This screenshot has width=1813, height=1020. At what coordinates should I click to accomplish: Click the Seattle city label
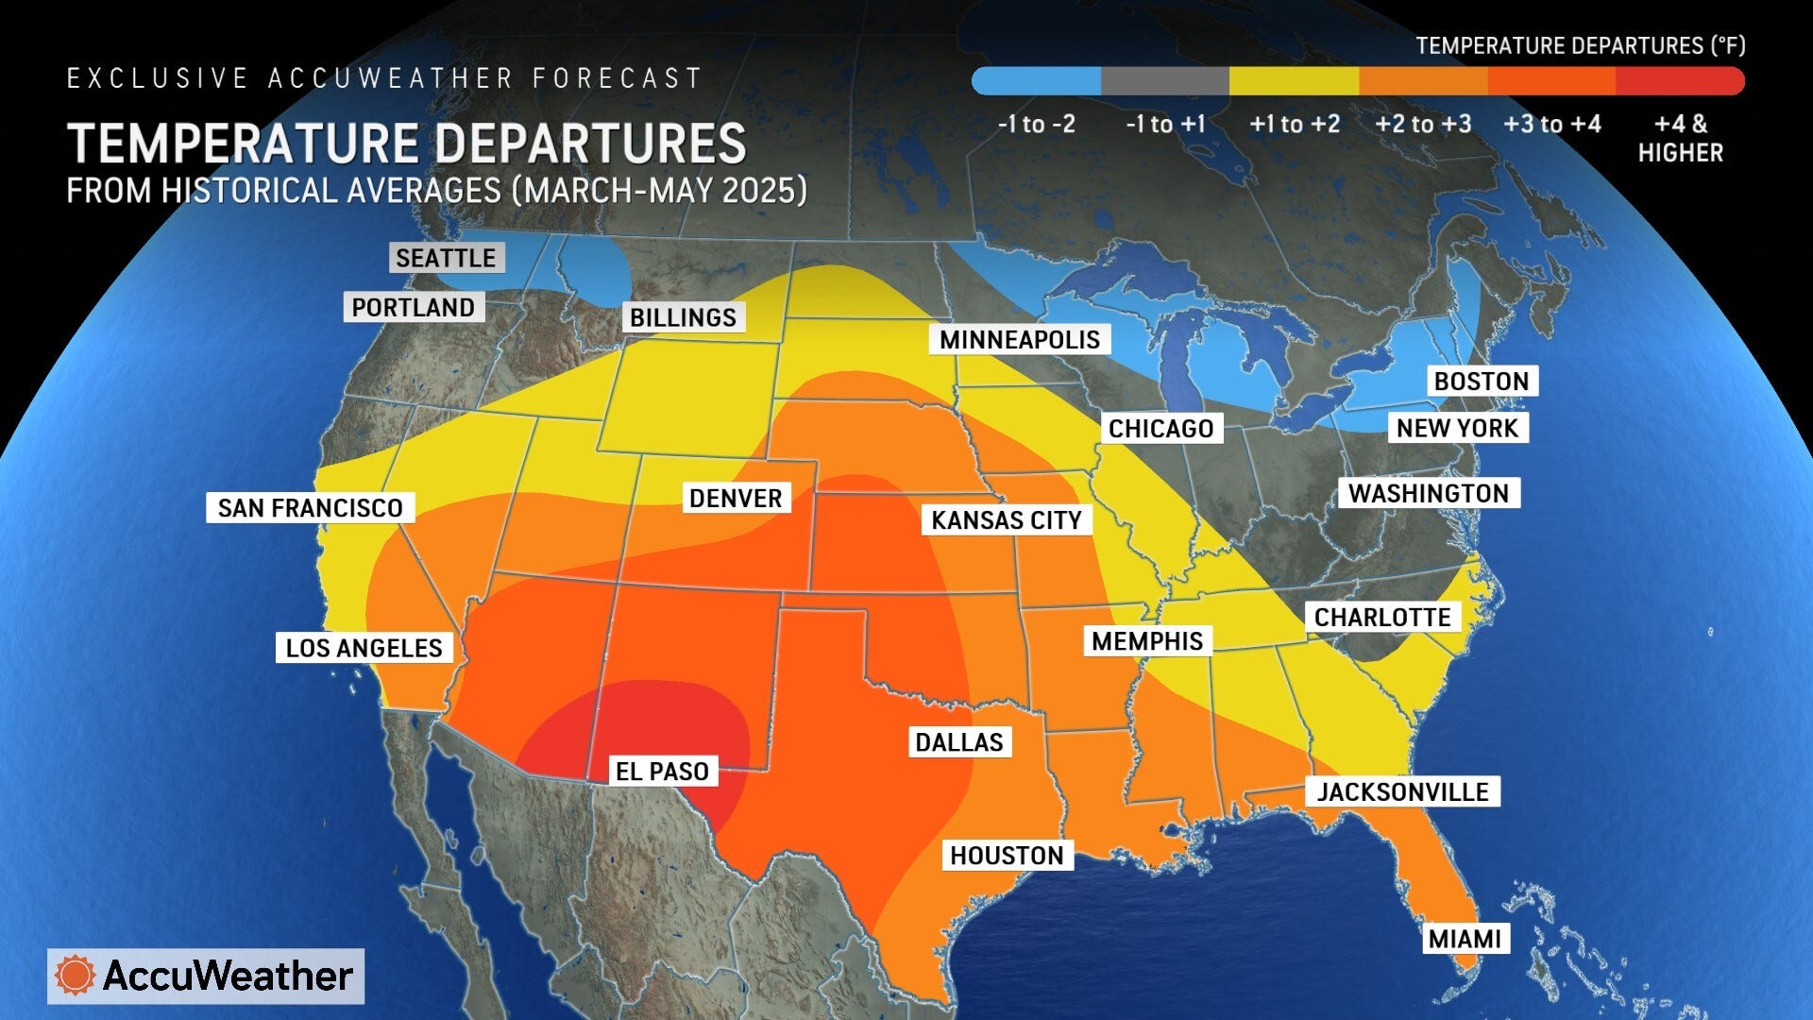[446, 258]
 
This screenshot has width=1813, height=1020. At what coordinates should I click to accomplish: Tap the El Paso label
[661, 772]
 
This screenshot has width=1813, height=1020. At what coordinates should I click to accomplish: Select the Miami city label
[1465, 939]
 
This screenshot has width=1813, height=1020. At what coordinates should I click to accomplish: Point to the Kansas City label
[1006, 520]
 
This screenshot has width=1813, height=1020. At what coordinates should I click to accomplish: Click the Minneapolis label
[1019, 340]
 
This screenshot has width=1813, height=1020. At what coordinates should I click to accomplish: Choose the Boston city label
[1481, 382]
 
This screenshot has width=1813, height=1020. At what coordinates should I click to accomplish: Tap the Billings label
[683, 317]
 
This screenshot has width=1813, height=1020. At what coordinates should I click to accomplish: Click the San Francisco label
[310, 508]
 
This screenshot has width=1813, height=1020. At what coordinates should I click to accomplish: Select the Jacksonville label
[1402, 791]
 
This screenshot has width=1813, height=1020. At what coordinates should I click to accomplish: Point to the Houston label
[1007, 856]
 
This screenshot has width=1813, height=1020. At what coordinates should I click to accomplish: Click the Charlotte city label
[1381, 618]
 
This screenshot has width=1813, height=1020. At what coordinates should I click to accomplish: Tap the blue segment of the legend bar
[1037, 81]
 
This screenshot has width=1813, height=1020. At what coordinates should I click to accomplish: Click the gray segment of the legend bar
[1164, 81]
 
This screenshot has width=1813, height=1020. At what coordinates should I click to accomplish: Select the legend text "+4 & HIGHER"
[1680, 138]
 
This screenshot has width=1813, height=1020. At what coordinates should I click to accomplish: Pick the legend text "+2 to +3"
[1423, 125]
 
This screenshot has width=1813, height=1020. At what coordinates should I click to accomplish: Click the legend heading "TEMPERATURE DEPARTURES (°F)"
[1580, 45]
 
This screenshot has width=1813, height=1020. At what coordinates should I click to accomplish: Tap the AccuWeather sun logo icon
[75, 976]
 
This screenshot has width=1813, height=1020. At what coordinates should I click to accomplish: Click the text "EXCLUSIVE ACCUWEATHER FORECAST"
[384, 78]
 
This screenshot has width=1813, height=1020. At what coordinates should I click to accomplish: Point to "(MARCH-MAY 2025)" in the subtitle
[659, 191]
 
